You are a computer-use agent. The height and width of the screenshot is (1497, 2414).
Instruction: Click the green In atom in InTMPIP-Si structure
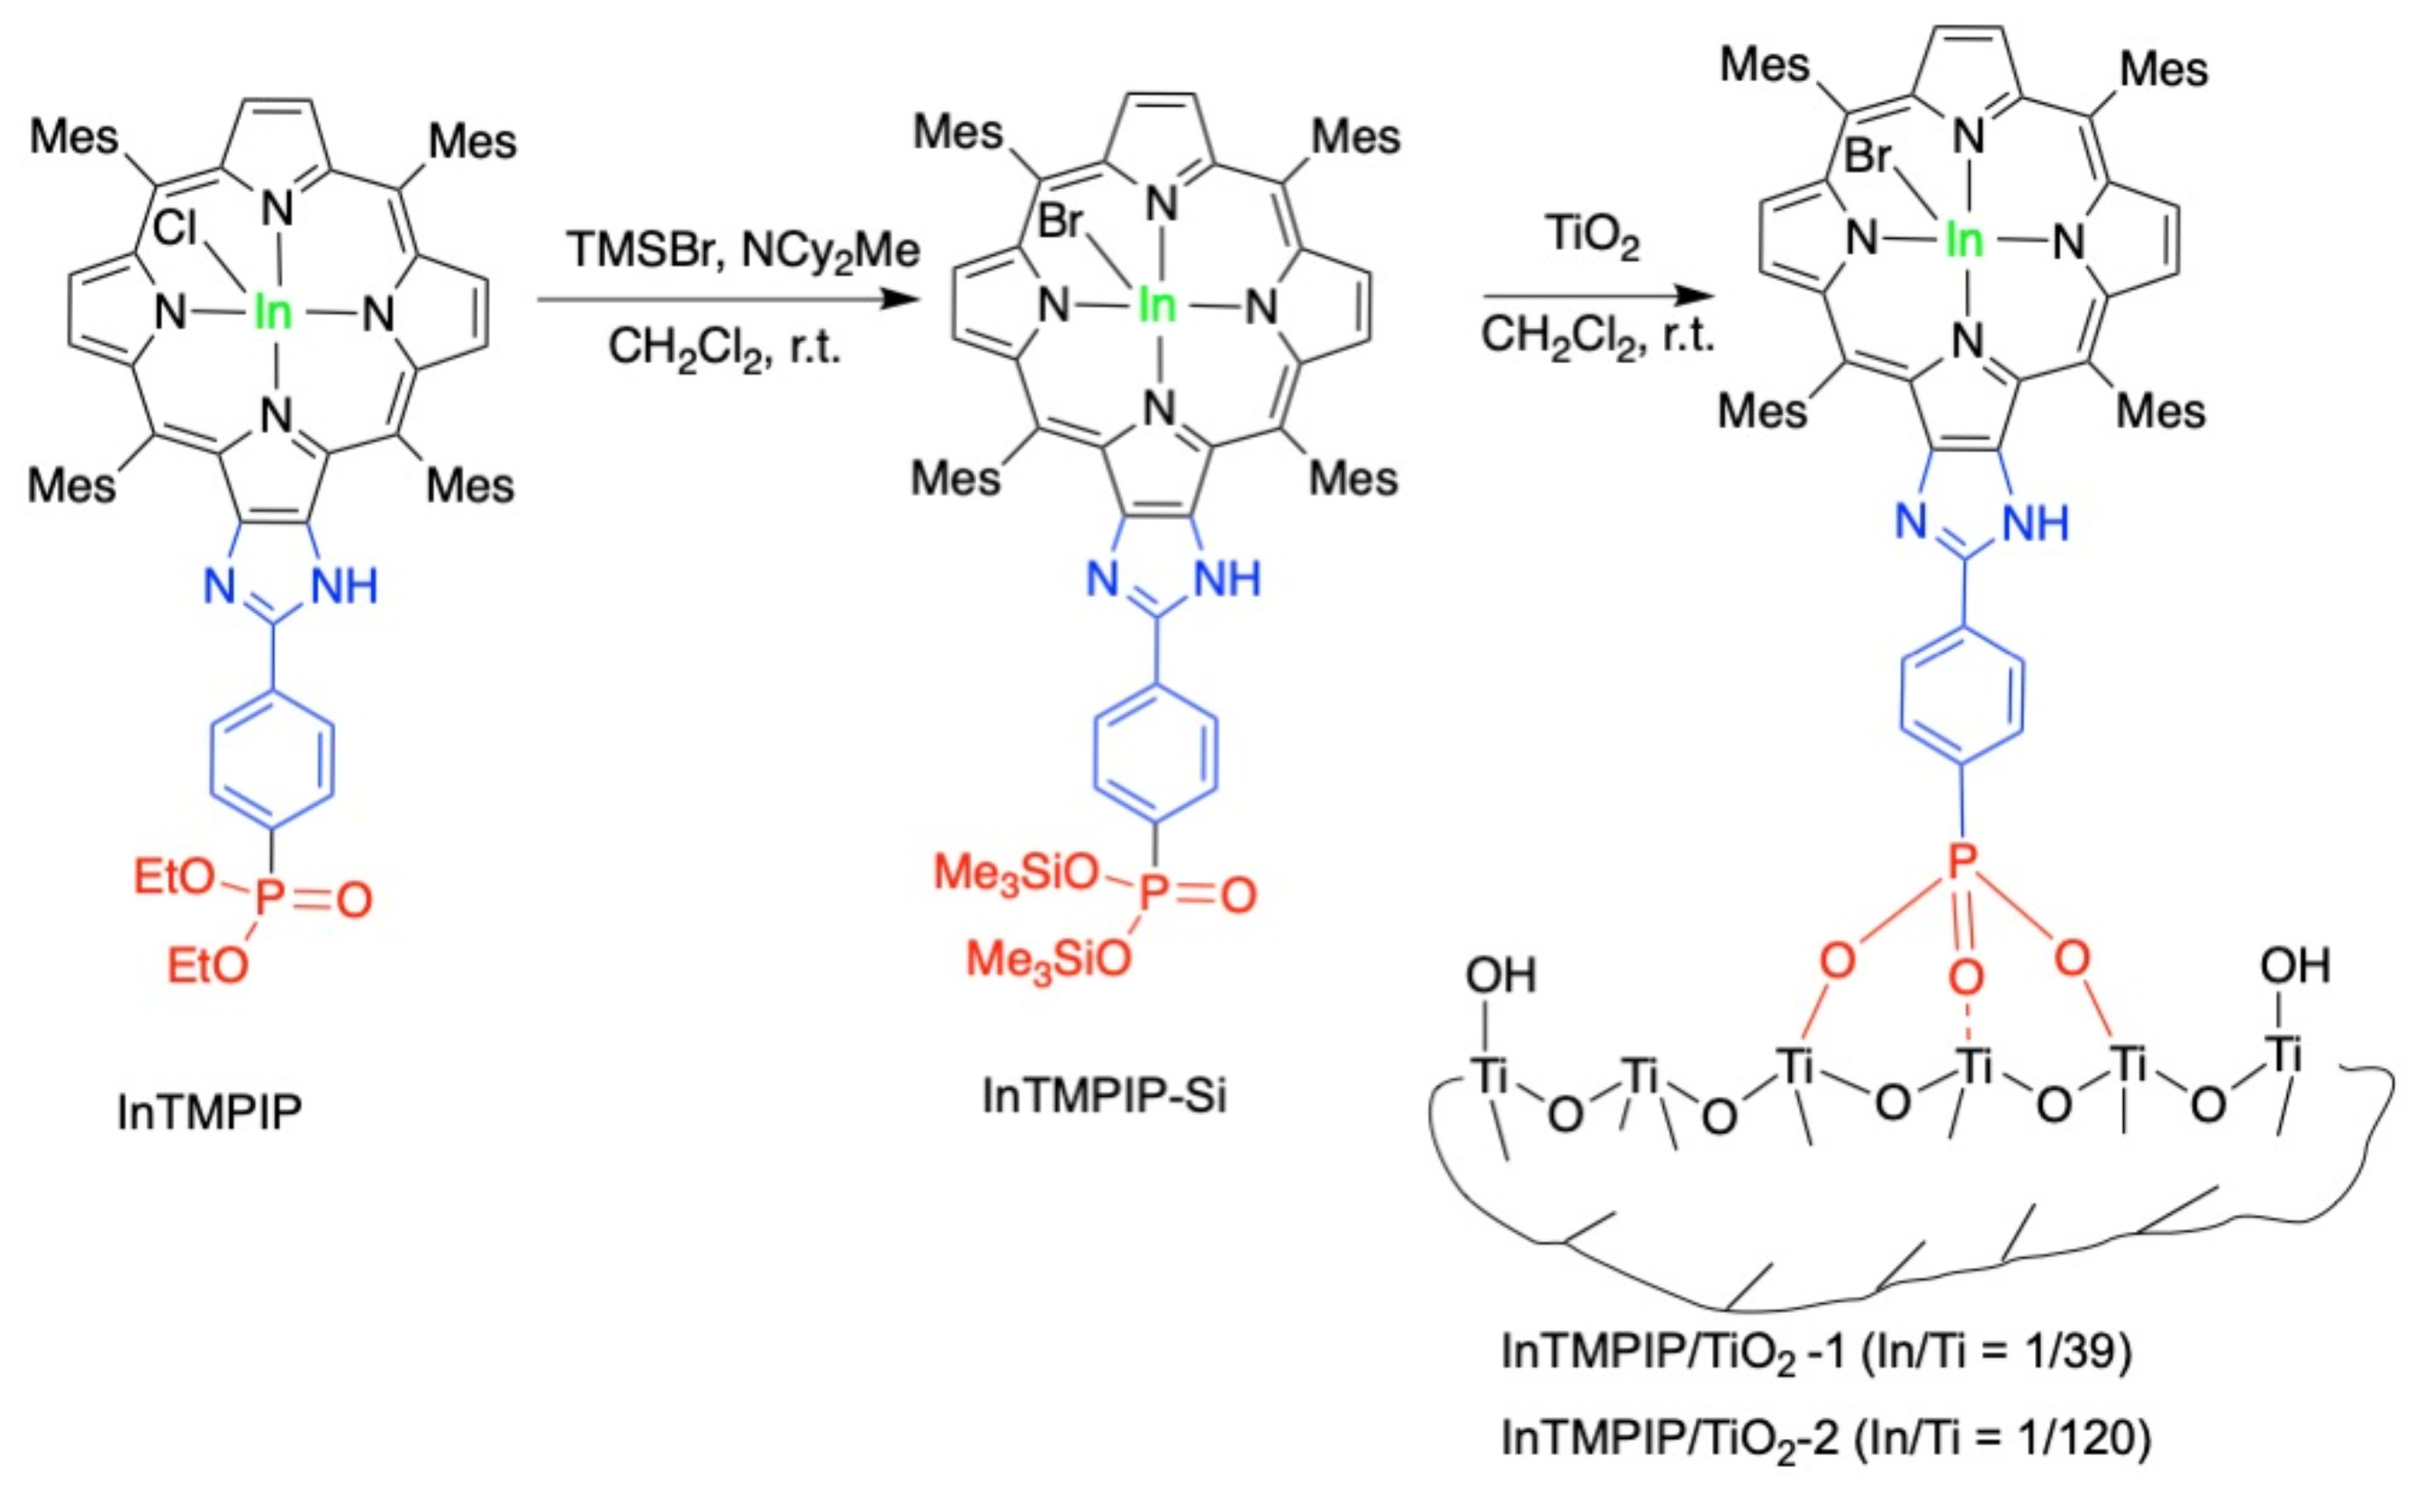pos(1156,306)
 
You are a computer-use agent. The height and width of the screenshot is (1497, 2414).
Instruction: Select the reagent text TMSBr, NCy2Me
pos(742,250)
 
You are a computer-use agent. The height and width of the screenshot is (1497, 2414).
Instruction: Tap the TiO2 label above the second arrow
pos(1593,235)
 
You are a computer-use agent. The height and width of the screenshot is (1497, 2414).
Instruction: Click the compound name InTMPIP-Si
pos(1103,1096)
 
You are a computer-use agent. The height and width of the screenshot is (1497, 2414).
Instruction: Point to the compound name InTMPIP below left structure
pos(209,1112)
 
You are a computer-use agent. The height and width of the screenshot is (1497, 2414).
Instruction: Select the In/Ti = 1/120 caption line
pos(1825,1438)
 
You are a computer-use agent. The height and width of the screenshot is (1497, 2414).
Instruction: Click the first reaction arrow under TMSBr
pos(727,298)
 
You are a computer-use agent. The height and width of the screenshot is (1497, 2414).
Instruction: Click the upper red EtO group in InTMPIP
pos(175,876)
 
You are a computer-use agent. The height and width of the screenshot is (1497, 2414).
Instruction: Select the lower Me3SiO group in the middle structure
pos(1048,958)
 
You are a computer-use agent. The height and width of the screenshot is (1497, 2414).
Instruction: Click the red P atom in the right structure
pos(1962,861)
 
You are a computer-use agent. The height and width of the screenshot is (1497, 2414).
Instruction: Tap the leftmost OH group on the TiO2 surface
pos(1500,976)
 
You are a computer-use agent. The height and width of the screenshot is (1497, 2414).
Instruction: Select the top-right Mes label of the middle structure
pos(1355,136)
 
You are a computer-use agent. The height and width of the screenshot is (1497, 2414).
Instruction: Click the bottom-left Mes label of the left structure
pos(71,485)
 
